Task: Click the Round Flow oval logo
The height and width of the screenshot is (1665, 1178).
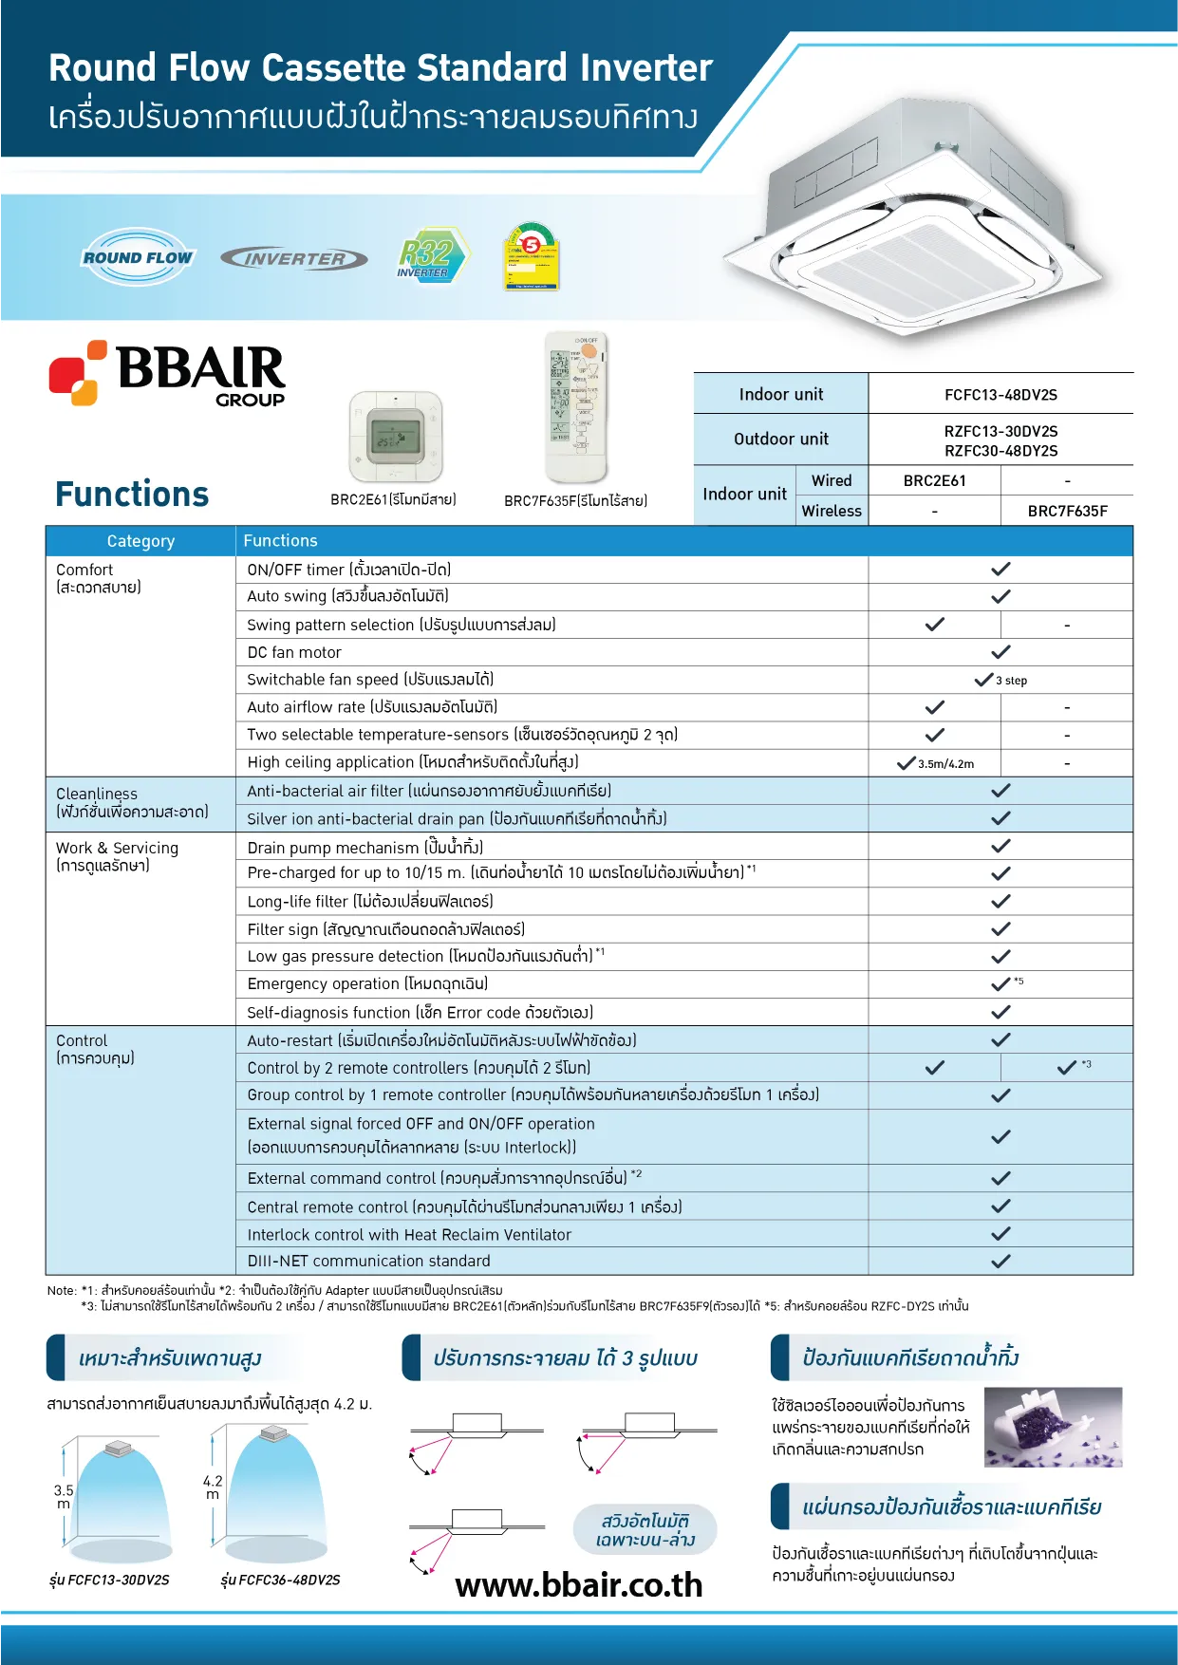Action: (x=138, y=257)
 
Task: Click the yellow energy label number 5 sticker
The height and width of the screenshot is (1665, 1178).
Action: (x=532, y=256)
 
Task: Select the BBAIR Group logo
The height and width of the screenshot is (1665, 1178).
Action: (x=168, y=373)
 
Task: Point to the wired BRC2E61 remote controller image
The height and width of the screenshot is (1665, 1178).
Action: (x=396, y=438)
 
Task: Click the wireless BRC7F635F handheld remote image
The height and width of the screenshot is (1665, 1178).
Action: (x=576, y=408)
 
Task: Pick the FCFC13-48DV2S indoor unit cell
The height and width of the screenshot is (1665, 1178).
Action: (x=1000, y=395)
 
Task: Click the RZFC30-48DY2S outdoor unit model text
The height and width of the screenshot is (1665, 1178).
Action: (x=1000, y=451)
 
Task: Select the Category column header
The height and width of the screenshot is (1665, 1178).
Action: (x=140, y=541)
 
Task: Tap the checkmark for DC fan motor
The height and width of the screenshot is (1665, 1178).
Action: (x=1000, y=652)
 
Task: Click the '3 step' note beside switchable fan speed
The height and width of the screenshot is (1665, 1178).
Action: (x=1011, y=681)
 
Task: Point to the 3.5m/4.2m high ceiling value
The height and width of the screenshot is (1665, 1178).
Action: (x=944, y=763)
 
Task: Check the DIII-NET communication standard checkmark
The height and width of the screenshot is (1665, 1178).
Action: (x=1000, y=1262)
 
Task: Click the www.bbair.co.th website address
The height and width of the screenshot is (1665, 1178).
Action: (x=579, y=1585)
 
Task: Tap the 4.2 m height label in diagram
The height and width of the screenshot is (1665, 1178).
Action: (x=213, y=1487)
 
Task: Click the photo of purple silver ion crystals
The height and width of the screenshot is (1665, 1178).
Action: (x=1053, y=1427)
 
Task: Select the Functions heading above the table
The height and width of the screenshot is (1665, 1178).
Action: (x=132, y=495)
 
